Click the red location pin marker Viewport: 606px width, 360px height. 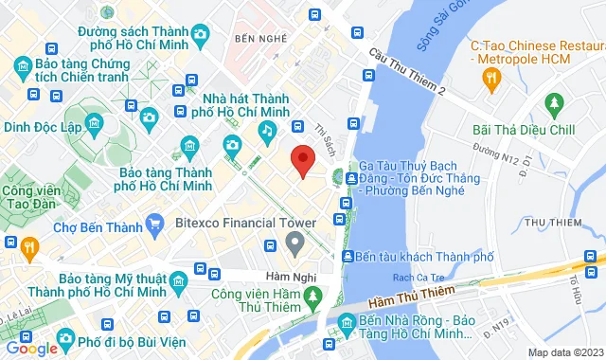(x=301, y=160)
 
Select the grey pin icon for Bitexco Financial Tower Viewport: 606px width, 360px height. (x=294, y=244)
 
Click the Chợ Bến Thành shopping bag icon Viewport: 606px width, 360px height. (x=154, y=225)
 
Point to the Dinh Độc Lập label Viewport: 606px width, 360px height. (x=41, y=125)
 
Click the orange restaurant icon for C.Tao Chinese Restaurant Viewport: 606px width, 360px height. (x=490, y=79)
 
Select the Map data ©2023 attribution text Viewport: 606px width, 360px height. (x=564, y=352)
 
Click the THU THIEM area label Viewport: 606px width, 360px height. (x=550, y=223)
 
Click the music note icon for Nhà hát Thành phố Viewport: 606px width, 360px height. (x=269, y=130)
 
